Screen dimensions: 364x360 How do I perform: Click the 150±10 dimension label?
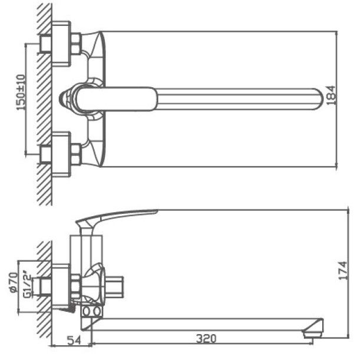point(21,93)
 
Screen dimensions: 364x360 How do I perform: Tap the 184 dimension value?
point(331,95)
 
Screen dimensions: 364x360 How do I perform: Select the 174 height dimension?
point(343,270)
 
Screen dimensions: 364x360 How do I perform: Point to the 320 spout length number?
point(206,339)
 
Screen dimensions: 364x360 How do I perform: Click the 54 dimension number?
point(74,340)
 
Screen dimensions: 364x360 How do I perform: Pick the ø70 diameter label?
point(14,283)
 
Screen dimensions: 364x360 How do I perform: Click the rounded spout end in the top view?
point(319,99)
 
